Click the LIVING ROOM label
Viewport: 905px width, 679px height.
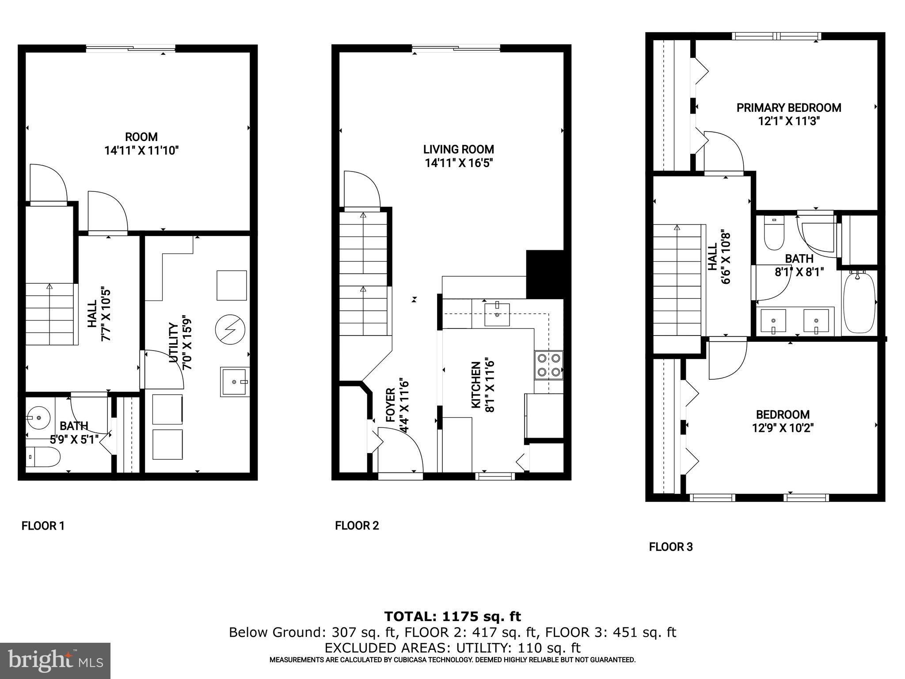pos(458,149)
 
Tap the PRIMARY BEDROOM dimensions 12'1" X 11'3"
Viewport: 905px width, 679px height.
pos(789,121)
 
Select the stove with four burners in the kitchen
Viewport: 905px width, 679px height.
pos(549,365)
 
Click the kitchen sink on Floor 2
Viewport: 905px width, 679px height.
pos(497,314)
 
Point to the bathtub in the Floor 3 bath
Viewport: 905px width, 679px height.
pos(859,304)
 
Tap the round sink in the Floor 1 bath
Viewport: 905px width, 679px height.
pos(37,417)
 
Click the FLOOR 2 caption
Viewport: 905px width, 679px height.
pos(357,526)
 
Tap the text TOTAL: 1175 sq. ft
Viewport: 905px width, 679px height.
pos(452,616)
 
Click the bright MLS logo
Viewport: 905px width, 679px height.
pos(55,660)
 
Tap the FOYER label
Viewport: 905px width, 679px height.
pos(390,404)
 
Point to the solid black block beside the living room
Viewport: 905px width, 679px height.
pos(545,274)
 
